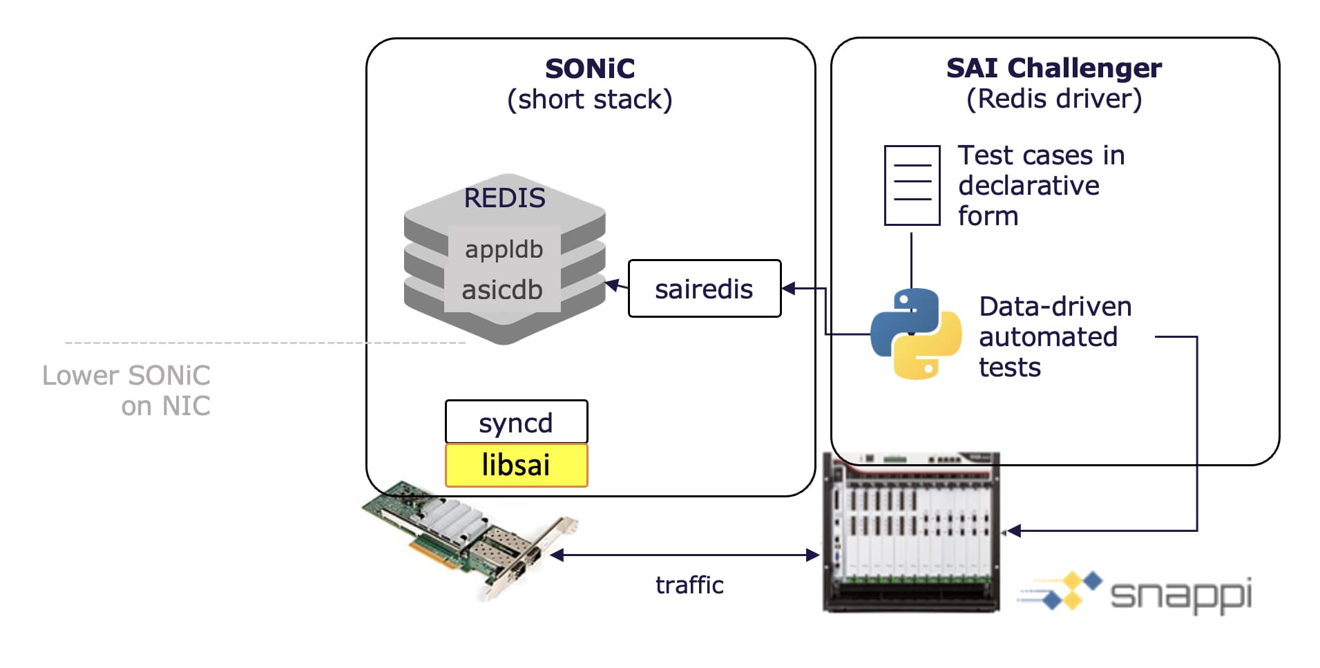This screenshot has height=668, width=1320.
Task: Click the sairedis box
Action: click(x=704, y=289)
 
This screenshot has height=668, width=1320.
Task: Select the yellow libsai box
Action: click(x=516, y=465)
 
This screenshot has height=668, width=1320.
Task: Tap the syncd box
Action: click(x=516, y=422)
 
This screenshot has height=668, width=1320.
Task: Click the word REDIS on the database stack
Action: click(x=504, y=198)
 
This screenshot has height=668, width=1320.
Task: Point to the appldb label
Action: click(x=504, y=249)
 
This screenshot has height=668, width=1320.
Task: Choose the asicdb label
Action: click(x=502, y=289)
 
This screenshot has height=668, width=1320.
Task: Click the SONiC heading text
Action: click(x=589, y=68)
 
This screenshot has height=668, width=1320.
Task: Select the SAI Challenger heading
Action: click(x=1053, y=68)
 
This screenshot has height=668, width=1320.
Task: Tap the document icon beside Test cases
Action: click(x=912, y=185)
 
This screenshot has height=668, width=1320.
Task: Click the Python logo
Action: click(x=916, y=334)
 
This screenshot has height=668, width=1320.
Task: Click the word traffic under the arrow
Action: click(x=689, y=585)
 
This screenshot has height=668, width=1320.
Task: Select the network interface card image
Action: click(x=470, y=539)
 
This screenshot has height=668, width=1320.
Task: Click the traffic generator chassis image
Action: click(x=910, y=532)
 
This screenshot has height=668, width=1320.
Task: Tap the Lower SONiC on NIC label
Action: click(x=126, y=390)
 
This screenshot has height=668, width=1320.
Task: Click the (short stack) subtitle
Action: click(x=589, y=99)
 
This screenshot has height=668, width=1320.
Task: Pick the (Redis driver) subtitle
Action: click(x=1053, y=99)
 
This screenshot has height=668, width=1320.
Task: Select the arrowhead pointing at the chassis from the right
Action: click(x=1013, y=531)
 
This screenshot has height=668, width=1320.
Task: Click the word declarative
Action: click(x=1028, y=186)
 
